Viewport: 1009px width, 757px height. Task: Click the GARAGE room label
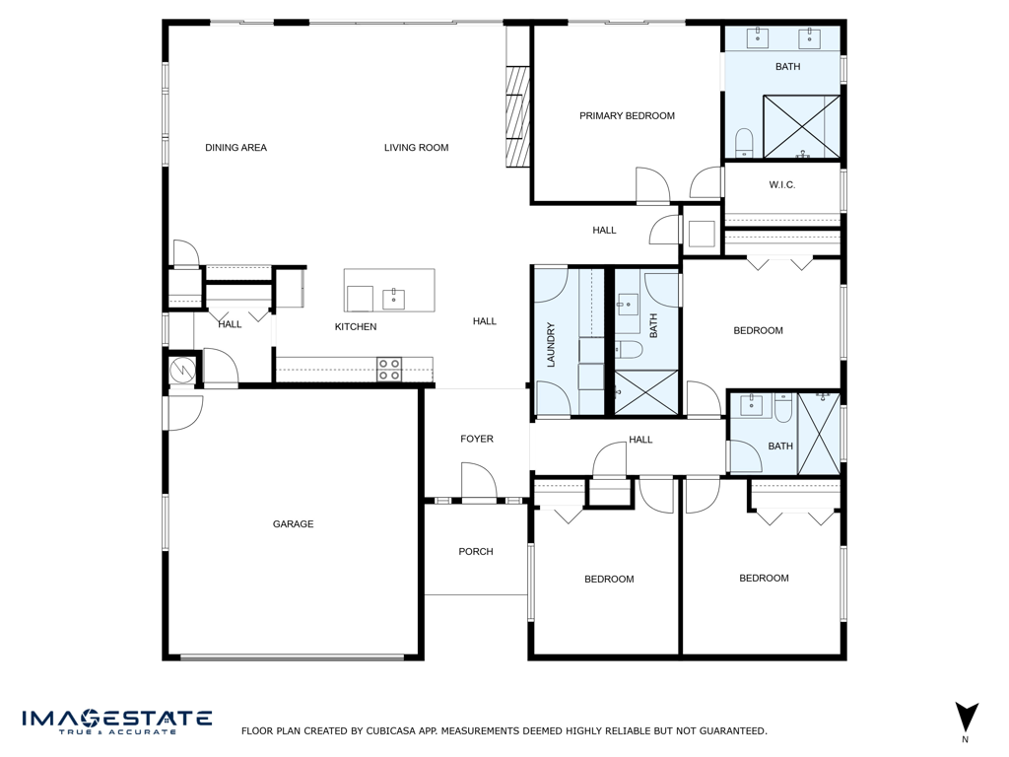(x=293, y=524)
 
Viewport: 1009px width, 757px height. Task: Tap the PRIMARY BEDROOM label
(x=627, y=116)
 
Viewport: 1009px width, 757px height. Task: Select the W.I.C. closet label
(x=781, y=185)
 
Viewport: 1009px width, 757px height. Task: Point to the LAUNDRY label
(x=552, y=345)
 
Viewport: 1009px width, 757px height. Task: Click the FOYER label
(x=477, y=439)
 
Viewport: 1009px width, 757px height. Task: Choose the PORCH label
(x=476, y=552)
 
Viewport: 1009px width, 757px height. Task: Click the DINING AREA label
(x=235, y=148)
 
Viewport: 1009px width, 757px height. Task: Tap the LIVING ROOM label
(x=416, y=148)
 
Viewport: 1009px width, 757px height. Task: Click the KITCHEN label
(x=356, y=327)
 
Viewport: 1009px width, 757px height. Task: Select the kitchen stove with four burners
(x=390, y=370)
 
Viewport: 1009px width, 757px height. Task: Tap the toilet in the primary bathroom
(x=744, y=142)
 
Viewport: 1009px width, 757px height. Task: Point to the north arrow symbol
(x=967, y=718)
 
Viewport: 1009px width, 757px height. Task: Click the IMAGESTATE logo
(x=117, y=721)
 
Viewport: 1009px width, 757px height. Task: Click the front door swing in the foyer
(x=480, y=482)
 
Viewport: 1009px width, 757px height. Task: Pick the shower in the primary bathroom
(x=802, y=126)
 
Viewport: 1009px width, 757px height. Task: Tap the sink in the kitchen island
(x=393, y=297)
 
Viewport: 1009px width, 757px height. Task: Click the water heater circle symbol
(x=183, y=370)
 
